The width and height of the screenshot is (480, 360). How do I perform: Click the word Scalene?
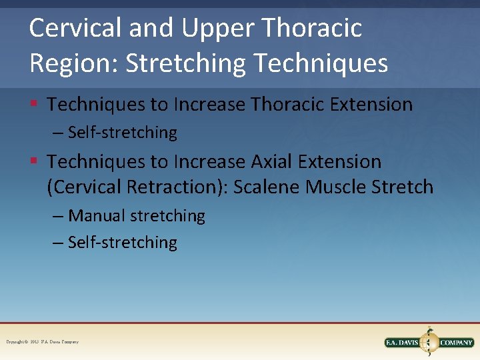[268, 187]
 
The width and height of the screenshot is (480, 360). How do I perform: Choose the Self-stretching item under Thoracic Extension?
[122, 133]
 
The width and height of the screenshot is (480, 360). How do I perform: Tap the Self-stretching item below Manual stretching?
[122, 243]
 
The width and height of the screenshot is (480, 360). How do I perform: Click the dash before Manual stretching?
[58, 216]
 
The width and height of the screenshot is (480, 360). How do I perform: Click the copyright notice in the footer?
[43, 342]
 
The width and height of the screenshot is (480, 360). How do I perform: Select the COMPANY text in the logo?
[456, 343]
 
